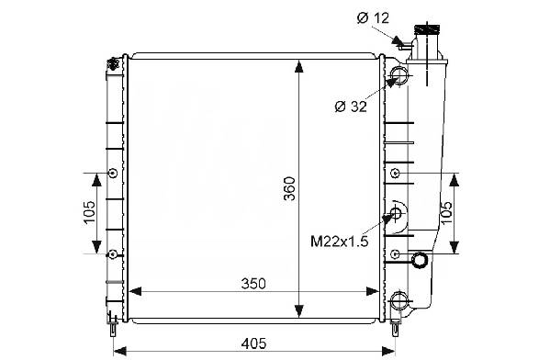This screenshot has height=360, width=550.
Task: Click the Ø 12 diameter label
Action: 373,17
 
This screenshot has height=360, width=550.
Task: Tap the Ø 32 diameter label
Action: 351,107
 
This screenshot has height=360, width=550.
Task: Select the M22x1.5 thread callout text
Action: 339,241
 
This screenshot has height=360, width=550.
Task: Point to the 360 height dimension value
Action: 290,188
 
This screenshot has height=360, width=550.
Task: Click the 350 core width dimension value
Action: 253,284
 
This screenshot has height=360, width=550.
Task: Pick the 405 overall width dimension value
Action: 253,343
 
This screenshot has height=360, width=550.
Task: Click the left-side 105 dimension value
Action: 89,212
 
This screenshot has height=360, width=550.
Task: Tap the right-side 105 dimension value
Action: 446,213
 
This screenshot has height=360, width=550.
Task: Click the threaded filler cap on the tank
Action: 428,29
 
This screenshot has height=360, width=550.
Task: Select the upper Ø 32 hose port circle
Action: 399,74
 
